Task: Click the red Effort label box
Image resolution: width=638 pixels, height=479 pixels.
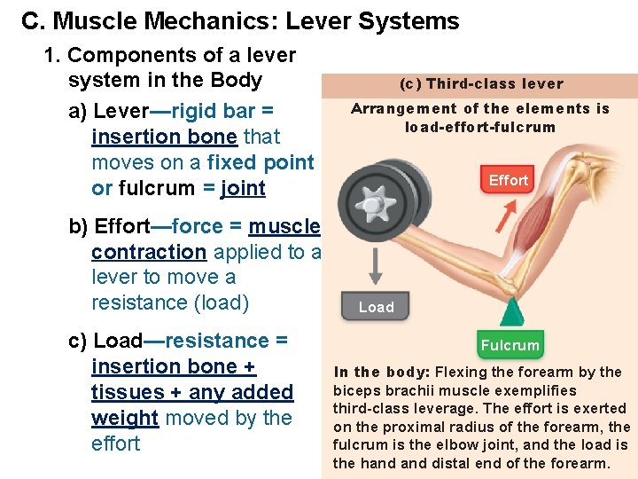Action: point(508,180)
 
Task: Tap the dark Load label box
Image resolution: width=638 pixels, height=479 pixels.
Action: point(376,307)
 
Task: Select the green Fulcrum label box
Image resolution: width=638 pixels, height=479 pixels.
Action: point(510,345)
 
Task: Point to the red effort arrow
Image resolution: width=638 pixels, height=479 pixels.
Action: point(508,212)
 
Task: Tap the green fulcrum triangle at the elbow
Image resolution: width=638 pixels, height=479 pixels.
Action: point(510,312)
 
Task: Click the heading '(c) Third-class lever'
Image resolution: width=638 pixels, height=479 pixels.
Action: point(481,84)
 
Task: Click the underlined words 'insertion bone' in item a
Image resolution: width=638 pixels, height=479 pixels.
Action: point(164,137)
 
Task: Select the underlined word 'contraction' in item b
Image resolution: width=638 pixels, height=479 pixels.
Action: point(149,251)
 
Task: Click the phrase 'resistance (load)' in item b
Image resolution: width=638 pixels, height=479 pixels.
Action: point(170,302)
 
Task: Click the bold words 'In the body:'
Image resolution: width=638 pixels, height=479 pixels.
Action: point(382,373)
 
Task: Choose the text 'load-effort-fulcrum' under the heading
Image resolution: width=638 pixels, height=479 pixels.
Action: point(480,127)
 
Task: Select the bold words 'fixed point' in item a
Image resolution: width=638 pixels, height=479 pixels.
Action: point(261,162)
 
